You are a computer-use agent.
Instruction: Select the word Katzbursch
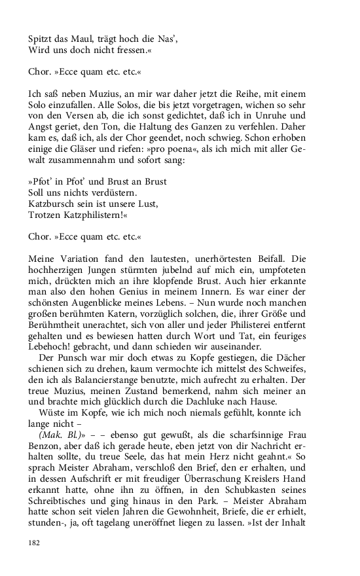tap(53, 204)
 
